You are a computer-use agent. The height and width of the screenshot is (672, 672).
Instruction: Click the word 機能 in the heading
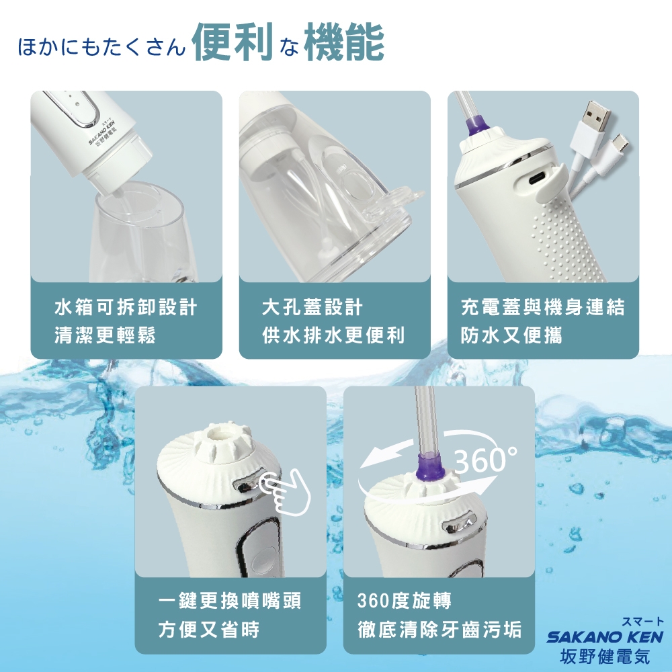point(343,43)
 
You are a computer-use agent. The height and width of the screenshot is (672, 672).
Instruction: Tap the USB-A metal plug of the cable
point(594,118)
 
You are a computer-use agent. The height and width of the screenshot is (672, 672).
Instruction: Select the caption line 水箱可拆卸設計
point(126,308)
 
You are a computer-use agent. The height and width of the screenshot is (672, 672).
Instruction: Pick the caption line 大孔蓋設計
point(312,308)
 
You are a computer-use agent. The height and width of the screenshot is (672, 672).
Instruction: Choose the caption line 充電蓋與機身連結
point(543,308)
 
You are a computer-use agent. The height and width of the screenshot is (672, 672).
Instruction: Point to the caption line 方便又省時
point(208,630)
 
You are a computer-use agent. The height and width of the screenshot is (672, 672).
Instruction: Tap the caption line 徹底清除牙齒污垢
point(439,630)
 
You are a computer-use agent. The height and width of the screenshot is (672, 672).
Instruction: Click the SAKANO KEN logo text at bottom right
point(605,636)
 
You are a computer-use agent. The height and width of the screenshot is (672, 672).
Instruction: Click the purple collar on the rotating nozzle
point(430,464)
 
